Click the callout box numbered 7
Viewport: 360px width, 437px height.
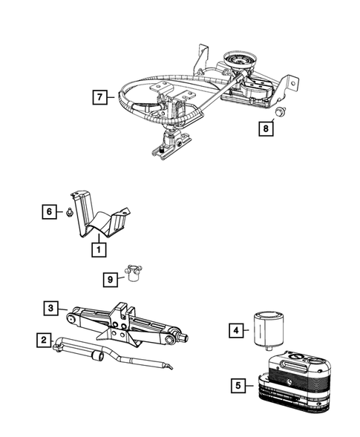click(x=99, y=97)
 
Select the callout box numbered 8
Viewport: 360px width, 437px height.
click(x=266, y=128)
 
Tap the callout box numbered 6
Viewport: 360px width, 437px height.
click(x=49, y=211)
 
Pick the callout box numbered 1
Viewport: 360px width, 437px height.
click(x=99, y=250)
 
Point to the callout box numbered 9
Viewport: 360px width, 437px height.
click(x=110, y=280)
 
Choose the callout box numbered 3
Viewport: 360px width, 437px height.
click(x=50, y=308)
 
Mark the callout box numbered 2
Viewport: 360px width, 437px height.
click(x=44, y=340)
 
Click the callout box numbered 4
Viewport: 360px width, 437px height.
click(x=236, y=331)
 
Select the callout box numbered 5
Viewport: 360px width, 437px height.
click(x=238, y=386)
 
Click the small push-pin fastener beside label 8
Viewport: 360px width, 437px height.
click(x=280, y=111)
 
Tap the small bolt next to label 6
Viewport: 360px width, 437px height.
click(x=69, y=212)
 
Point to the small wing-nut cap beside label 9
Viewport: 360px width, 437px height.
click(x=134, y=273)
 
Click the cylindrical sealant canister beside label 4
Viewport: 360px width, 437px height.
click(x=268, y=331)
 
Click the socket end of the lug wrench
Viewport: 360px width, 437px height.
click(x=97, y=356)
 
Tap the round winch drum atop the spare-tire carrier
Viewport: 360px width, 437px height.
click(x=240, y=60)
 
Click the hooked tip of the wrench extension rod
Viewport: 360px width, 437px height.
click(x=169, y=366)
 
